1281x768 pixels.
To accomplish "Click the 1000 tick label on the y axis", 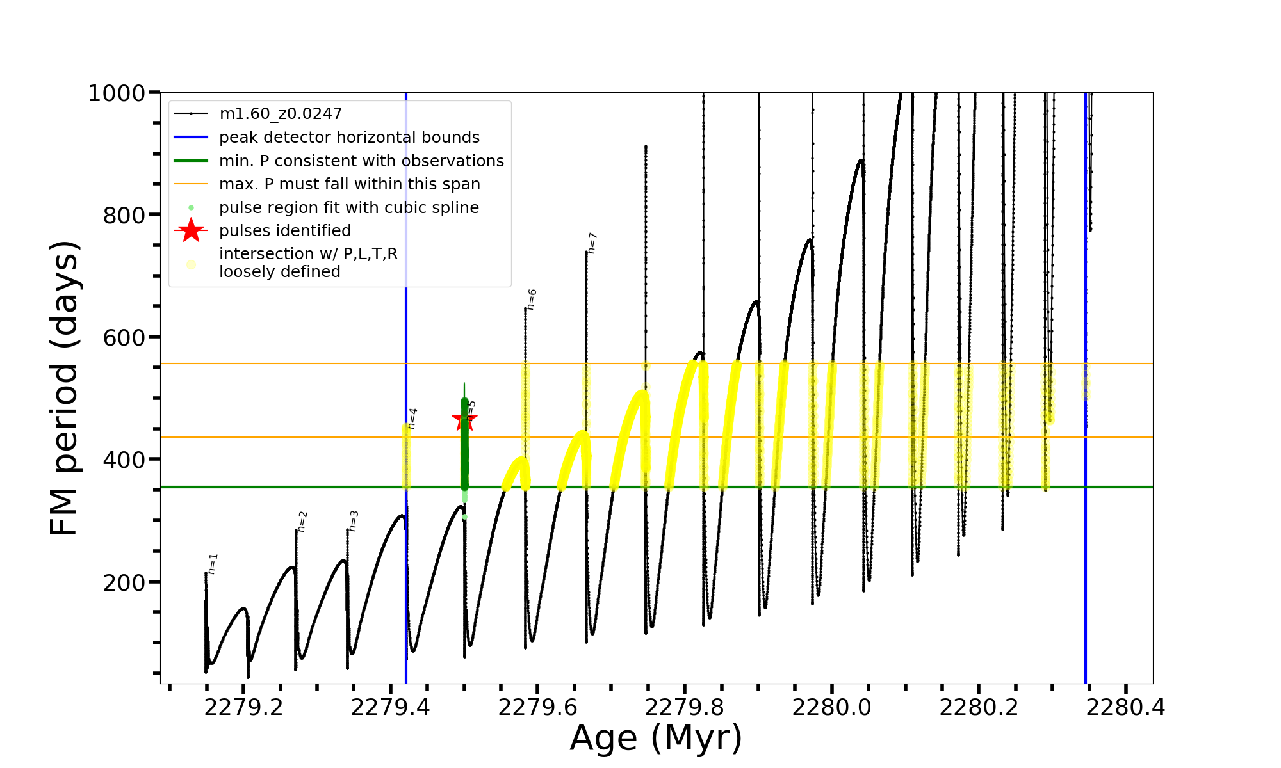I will click(x=117, y=93).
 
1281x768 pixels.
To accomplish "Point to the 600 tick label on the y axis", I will click(x=124, y=337).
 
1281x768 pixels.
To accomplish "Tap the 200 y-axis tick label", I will click(x=124, y=582).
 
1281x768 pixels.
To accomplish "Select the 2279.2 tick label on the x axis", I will click(x=243, y=707).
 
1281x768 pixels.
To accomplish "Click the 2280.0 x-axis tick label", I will click(x=831, y=707).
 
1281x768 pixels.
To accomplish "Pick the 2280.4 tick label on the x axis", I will click(x=1125, y=707).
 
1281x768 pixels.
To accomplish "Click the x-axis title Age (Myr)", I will click(x=656, y=738).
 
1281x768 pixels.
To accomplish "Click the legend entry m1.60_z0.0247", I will click(x=281, y=114).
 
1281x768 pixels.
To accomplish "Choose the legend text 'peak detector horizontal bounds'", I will click(x=349, y=138).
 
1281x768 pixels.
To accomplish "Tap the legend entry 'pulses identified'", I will click(x=285, y=230).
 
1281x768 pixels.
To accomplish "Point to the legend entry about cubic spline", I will click(x=349, y=208).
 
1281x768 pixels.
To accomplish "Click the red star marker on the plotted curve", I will click(x=464, y=420).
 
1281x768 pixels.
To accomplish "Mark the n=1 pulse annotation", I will click(x=213, y=564).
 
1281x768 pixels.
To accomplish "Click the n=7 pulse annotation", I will click(x=592, y=243).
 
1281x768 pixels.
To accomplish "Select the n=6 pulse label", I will click(x=532, y=300).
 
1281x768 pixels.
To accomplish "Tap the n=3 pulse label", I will click(x=354, y=521).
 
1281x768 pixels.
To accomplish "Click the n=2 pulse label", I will click(x=302, y=522).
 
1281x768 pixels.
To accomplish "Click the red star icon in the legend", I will click(x=191, y=230).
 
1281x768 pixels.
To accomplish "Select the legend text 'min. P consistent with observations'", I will click(x=361, y=161).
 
